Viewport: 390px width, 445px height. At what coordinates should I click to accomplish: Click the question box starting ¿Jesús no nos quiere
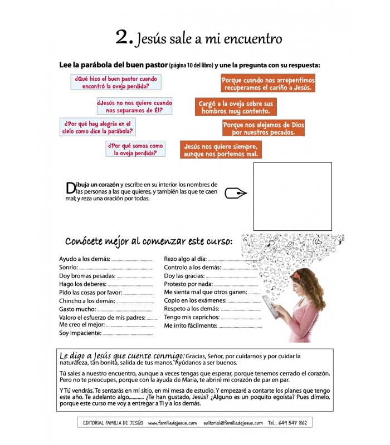pyautogui.click(x=134, y=106)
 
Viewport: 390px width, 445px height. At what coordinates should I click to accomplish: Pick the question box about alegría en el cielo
pyautogui.click(x=98, y=127)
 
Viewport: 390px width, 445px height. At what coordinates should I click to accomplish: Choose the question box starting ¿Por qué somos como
pyautogui.click(x=135, y=149)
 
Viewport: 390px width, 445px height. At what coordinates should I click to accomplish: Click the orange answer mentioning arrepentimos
pyautogui.click(x=268, y=84)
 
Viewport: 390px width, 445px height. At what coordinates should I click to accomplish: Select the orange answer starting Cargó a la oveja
pyautogui.click(x=236, y=107)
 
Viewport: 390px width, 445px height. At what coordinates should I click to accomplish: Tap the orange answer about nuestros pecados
pyautogui.click(x=264, y=128)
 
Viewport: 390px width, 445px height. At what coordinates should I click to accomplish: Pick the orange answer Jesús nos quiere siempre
pyautogui.click(x=221, y=150)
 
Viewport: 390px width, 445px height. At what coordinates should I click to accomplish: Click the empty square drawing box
pyautogui.click(x=292, y=196)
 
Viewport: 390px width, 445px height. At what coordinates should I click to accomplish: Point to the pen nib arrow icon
pyautogui.click(x=236, y=194)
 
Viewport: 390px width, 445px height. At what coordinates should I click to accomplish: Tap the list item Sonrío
pyautogui.click(x=69, y=268)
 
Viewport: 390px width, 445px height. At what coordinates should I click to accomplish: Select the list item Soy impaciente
pyautogui.click(x=80, y=333)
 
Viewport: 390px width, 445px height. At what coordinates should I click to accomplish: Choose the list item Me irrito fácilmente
pyautogui.click(x=190, y=325)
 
